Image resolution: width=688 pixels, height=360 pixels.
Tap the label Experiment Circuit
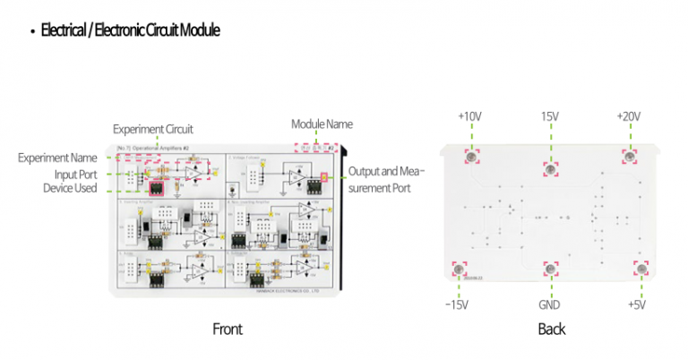point(152,129)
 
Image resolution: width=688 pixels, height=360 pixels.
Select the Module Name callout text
point(322,124)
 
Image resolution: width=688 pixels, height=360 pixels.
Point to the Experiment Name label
point(57,159)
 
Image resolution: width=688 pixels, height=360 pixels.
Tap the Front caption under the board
point(227,329)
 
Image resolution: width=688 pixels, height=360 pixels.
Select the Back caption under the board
point(552,329)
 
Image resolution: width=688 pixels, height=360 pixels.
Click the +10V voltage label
point(469,117)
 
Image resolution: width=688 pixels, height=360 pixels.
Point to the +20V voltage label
point(630,117)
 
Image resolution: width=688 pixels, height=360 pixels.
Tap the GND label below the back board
point(549,304)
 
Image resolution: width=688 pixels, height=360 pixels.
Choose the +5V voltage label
point(636,304)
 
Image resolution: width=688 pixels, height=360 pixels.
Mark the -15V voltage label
point(458,304)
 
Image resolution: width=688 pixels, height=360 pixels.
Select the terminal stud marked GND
point(548,269)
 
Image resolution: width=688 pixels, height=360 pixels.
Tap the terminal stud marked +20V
point(630,157)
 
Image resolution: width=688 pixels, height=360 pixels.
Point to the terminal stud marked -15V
point(459,270)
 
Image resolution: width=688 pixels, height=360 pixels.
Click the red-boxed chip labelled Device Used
point(158,188)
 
